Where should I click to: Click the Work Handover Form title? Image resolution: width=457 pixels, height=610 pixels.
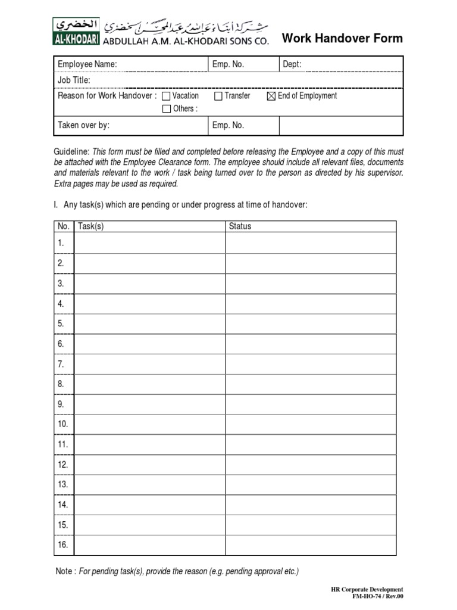(342, 39)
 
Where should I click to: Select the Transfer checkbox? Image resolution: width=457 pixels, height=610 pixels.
(218, 96)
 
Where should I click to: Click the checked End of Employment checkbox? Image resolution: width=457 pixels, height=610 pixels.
(271, 96)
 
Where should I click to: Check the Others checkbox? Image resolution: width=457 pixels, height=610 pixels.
(167, 109)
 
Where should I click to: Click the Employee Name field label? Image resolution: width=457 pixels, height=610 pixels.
(87, 64)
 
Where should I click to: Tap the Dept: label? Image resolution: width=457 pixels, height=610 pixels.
(292, 64)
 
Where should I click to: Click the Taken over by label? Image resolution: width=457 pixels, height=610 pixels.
(83, 125)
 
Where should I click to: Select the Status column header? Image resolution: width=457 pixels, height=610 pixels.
(240, 226)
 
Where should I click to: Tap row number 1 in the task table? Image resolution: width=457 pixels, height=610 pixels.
(61, 243)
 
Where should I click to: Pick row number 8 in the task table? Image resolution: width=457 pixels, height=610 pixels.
(61, 384)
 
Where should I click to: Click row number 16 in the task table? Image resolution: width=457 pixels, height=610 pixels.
(62, 544)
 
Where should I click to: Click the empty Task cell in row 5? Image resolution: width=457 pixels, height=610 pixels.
(149, 323)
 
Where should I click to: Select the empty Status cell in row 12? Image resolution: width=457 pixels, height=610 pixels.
(310, 464)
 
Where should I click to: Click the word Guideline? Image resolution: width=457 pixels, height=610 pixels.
(71, 152)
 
